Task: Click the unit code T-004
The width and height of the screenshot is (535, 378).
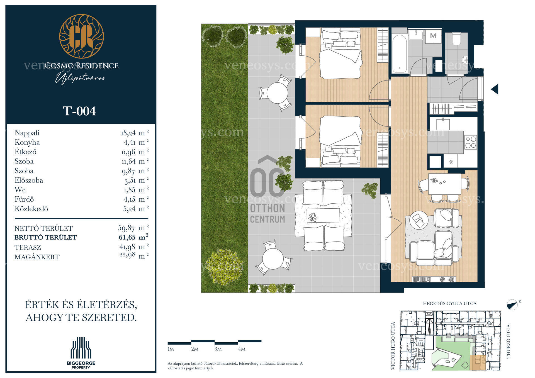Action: (79, 111)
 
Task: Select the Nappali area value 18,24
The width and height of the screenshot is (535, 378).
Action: (128, 133)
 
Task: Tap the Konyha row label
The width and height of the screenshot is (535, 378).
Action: (27, 142)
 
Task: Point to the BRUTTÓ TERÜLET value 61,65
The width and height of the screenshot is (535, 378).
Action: (127, 237)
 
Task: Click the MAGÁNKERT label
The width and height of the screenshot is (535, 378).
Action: (37, 257)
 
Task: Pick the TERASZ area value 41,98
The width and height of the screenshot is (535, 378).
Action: (127, 247)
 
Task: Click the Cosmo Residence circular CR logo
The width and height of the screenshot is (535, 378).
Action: (82, 36)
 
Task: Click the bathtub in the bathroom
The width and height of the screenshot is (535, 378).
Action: (400, 53)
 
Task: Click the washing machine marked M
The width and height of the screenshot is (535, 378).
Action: (433, 36)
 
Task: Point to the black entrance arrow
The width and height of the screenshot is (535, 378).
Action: (495, 89)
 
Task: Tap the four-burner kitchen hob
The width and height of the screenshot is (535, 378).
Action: (471, 142)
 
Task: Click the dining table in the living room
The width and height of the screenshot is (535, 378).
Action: (444, 184)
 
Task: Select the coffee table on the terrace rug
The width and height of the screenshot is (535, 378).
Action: (323, 215)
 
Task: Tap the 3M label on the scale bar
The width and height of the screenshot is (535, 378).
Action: (218, 349)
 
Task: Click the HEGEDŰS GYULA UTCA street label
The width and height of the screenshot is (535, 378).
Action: (450, 303)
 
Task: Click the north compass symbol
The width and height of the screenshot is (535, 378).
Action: (512, 305)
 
